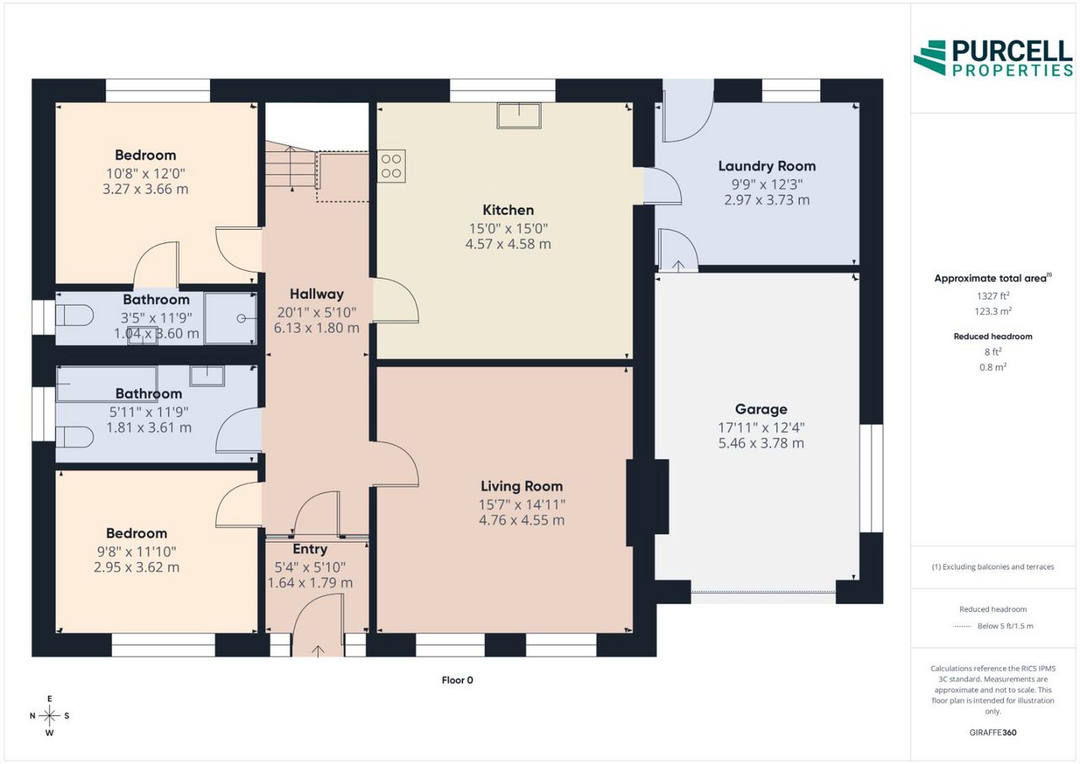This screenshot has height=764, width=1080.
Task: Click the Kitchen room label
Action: pyautogui.click(x=508, y=210)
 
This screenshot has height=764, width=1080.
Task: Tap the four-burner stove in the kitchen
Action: pyautogui.click(x=391, y=166)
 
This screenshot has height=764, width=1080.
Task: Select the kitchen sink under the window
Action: pyautogui.click(x=519, y=116)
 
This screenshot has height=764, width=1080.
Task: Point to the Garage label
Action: pyautogui.click(x=761, y=409)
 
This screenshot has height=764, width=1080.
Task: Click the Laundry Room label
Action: pyautogui.click(x=767, y=166)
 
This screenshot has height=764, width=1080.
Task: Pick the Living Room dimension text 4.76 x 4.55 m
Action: pyautogui.click(x=521, y=520)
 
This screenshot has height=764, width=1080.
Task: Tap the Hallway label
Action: pyautogui.click(x=316, y=294)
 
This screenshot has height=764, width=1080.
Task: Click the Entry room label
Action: pyautogui.click(x=310, y=549)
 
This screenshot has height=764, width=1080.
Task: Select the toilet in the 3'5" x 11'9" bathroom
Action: pyautogui.click(x=74, y=317)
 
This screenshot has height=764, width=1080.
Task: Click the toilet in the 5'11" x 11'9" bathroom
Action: pyautogui.click(x=74, y=438)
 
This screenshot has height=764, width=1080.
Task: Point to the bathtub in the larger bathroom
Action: pyautogui.click(x=106, y=384)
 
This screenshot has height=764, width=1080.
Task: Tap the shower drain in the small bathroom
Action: pyautogui.click(x=241, y=318)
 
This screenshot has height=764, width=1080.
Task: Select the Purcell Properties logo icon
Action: pyautogui.click(x=929, y=58)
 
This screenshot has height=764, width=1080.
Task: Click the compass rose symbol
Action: pyautogui.click(x=49, y=715)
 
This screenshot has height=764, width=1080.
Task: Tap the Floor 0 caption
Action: pyautogui.click(x=457, y=680)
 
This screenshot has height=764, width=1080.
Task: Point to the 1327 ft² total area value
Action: pyautogui.click(x=993, y=295)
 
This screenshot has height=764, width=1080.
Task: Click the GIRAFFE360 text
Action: pyautogui.click(x=993, y=732)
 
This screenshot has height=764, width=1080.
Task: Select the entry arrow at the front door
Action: pyautogui.click(x=317, y=651)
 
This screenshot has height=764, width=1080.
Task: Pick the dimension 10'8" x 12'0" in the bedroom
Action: pyautogui.click(x=145, y=173)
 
